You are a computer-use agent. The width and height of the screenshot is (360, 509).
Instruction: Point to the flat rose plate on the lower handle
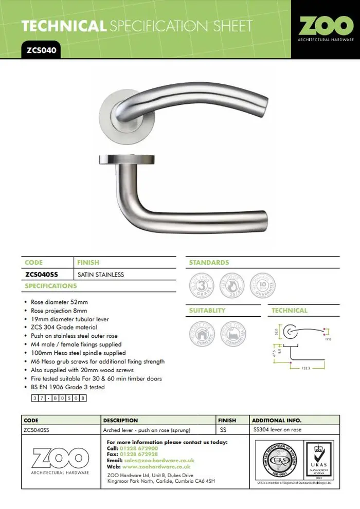point(125,160)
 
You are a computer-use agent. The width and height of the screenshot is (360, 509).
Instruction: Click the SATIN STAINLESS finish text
point(100,275)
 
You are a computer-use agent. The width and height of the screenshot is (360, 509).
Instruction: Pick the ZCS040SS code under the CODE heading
point(42,275)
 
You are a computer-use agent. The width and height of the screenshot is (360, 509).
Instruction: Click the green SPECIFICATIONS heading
point(51,286)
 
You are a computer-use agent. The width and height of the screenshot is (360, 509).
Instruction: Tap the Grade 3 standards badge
point(203,285)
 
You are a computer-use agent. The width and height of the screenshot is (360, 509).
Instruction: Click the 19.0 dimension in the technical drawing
point(328,340)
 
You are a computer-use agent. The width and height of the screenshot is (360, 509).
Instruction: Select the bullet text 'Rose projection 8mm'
point(59,311)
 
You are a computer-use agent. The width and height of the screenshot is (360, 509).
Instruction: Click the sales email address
point(159,461)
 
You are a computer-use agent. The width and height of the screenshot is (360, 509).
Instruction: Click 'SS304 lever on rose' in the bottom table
point(278,429)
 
